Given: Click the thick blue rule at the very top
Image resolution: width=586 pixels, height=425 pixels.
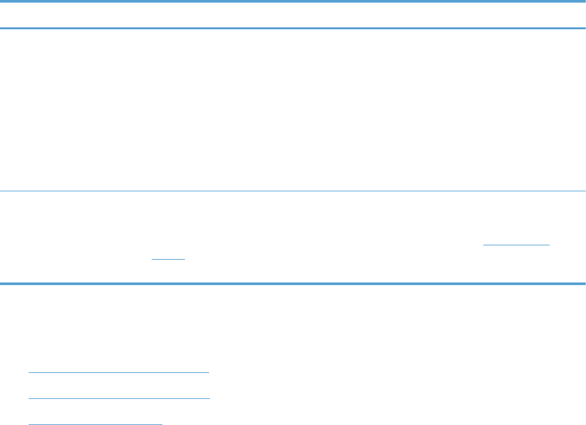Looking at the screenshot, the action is pos(293,1).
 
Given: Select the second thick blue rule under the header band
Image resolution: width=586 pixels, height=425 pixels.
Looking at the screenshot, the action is pos(293,28).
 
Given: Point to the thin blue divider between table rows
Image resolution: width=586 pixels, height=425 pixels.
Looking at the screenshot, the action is pos(293,191).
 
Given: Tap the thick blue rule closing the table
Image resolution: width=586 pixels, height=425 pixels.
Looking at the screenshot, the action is pos(293,283).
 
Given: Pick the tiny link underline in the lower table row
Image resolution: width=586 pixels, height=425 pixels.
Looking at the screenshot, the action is pos(168,259).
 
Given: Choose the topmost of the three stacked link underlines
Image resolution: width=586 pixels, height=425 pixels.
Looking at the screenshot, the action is pos(119,372).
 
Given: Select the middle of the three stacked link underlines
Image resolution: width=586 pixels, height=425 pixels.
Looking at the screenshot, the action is pos(120,398).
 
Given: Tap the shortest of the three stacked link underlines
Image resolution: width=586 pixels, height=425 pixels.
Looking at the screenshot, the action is pos(96,423).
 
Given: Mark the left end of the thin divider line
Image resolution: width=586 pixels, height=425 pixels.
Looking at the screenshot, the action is pos(1,191).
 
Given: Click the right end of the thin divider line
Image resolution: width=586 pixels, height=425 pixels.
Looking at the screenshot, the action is pos(584,191).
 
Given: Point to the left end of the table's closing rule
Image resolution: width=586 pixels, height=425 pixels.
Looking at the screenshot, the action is pos(1,283).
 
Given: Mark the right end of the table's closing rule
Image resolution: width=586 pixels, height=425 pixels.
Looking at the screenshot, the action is pos(584,283).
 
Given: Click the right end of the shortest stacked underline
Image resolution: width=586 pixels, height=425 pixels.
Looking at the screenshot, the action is pos(161,423).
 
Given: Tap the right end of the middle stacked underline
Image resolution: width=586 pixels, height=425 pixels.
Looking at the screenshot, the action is pos(210,398).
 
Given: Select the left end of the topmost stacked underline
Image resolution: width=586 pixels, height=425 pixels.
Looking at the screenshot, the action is pos(30,372).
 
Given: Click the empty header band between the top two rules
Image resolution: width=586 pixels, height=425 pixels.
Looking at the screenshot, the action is pos(293,14).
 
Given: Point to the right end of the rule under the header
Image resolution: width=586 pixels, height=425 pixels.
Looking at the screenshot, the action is pos(584,28).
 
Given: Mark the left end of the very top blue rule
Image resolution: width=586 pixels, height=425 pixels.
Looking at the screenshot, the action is pos(1,1).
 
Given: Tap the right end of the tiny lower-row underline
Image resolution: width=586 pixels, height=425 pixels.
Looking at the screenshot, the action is pos(184,259).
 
